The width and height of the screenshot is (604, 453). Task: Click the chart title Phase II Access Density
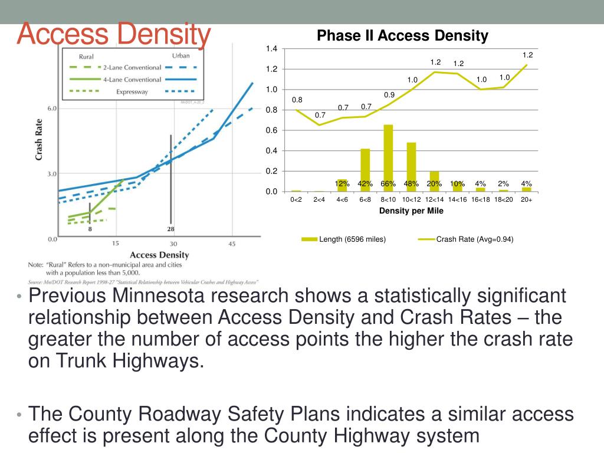tap(402, 36)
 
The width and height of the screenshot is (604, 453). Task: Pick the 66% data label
tap(388, 183)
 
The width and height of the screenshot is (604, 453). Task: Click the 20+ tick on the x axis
tap(526, 200)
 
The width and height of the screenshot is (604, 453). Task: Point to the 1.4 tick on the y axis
tap(271, 49)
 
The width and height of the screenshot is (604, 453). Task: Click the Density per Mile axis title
tap(411, 211)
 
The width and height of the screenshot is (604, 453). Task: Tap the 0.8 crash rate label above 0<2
tap(297, 100)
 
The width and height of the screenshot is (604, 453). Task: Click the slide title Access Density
tap(113, 35)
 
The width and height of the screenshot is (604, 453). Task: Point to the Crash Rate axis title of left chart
tap(39, 141)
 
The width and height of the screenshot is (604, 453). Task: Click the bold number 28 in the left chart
tap(171, 229)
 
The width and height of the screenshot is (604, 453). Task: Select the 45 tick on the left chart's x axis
tap(232, 244)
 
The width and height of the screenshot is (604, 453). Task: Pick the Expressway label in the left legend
tap(132, 91)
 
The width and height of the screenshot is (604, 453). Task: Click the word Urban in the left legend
tap(180, 56)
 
